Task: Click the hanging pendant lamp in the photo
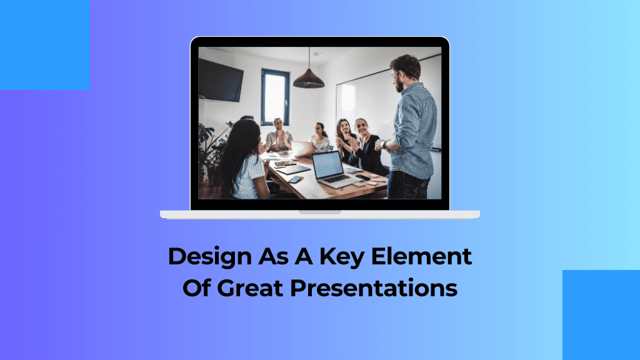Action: (x=309, y=77)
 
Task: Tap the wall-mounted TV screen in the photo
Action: (x=221, y=79)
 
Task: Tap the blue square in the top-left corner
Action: (x=44, y=44)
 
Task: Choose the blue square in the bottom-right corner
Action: (x=601, y=315)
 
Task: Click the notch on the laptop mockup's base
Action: (x=319, y=212)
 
